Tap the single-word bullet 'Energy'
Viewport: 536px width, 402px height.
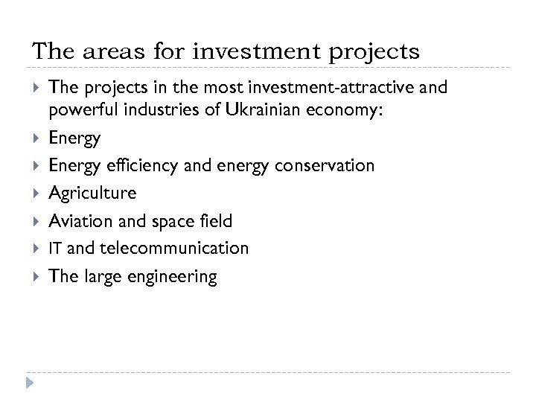point(74,139)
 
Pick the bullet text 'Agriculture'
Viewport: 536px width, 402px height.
point(92,194)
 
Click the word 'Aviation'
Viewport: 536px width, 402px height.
point(80,221)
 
